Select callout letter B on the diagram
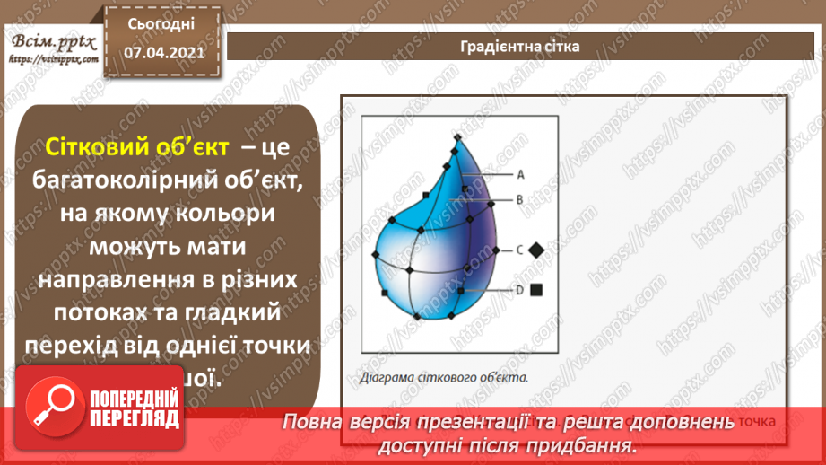point(519,201)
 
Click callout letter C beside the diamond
point(519,250)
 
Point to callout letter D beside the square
point(519,290)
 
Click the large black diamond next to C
point(536,250)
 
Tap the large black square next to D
point(536,290)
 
